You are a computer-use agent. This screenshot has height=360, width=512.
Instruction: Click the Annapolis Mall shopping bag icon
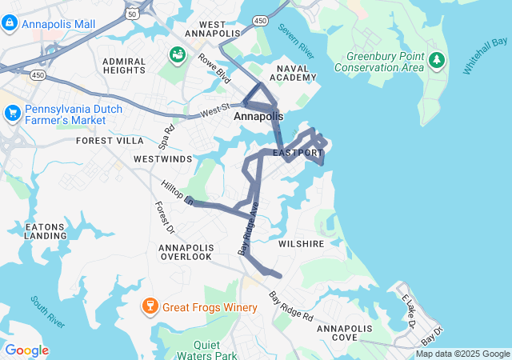click(x=10, y=24)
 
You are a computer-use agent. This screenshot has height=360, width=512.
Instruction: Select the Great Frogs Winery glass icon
click(x=149, y=306)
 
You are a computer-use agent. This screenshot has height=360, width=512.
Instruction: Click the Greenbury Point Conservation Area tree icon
click(x=436, y=60)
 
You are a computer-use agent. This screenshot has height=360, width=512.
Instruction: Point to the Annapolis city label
click(x=258, y=117)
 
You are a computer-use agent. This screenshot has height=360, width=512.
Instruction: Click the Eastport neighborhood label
click(x=298, y=152)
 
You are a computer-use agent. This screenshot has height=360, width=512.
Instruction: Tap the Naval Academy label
click(x=293, y=73)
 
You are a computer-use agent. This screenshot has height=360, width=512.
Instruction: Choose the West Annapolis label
click(x=212, y=29)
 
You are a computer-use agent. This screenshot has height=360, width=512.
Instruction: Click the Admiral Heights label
click(x=125, y=66)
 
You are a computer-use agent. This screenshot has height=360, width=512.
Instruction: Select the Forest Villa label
click(x=110, y=140)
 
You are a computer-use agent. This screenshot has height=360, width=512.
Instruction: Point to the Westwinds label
click(x=162, y=159)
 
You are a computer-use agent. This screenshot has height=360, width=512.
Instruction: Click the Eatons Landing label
click(x=46, y=230)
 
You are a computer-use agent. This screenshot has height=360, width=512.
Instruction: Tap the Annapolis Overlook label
click(x=186, y=251)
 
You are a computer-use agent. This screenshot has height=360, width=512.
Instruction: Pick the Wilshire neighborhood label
click(x=301, y=243)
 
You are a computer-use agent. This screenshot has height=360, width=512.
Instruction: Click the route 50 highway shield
click(x=130, y=14)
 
